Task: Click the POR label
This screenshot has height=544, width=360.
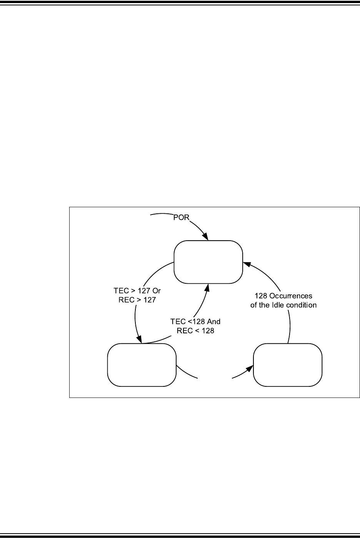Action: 180,218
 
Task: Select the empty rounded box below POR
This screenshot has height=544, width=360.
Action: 208,262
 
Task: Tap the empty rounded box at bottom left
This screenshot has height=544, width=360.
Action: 142,365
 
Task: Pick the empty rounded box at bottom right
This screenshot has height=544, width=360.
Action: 288,365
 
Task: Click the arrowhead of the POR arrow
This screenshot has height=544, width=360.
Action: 206,237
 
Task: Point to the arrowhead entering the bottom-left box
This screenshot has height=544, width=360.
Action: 140,340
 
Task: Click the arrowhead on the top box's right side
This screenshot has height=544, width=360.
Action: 246,265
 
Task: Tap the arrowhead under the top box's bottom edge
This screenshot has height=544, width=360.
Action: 208,287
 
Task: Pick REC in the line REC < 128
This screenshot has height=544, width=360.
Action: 185,330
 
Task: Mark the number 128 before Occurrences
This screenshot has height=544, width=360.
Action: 262,296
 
